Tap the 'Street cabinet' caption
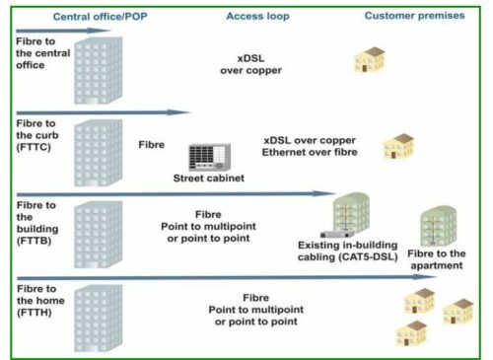tap(209, 178)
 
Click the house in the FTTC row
tap(397, 146)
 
